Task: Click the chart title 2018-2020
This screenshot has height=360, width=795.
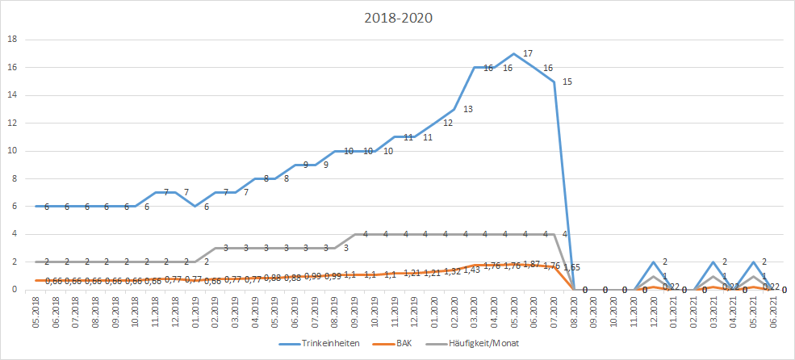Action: pos(397,18)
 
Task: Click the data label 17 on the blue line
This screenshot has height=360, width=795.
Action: pos(528,53)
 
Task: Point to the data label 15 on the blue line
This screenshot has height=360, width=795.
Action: pos(567,82)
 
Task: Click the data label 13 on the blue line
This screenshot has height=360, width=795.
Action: pos(468,109)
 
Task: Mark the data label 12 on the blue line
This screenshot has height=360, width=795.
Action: pos(448,123)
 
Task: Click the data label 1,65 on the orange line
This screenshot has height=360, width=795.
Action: pos(571,266)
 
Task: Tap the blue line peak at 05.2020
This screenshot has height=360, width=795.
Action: pos(513,54)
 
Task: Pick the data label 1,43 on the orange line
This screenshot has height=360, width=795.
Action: pos(471,270)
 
